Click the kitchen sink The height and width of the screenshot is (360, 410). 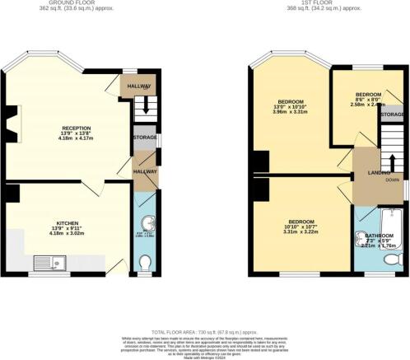coord(49,263)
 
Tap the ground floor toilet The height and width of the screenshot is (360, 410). coord(145,263)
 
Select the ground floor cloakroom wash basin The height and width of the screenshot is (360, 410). coord(145,222)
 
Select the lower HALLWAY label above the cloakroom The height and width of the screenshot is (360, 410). coord(145,171)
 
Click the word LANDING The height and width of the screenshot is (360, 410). coord(368,172)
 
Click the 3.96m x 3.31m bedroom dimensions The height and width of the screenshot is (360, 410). coord(293,119)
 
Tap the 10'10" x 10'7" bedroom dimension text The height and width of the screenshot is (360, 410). coord(293,227)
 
